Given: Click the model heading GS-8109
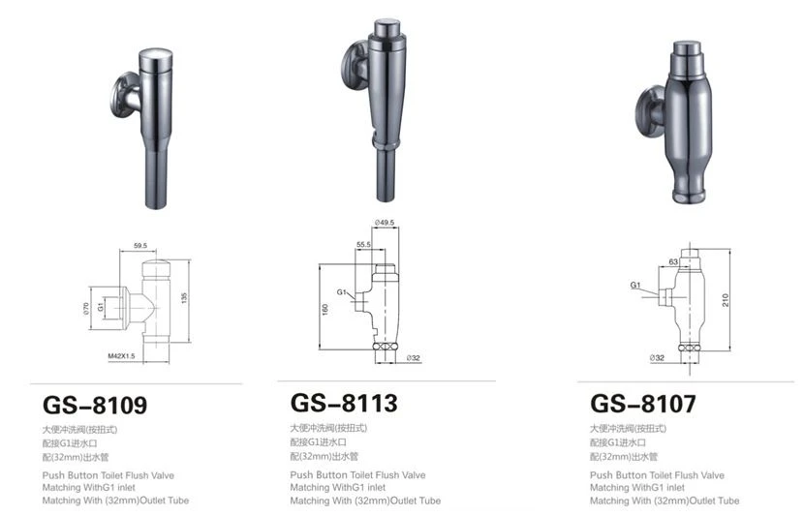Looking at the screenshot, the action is coord(95,405).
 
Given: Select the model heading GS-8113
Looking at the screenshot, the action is coord(344,403).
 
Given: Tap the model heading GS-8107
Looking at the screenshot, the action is coord(643,404).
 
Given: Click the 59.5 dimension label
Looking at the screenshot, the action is coord(140,246).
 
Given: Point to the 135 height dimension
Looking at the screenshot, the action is coord(184,298).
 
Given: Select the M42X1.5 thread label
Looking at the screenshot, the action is coord(121,356).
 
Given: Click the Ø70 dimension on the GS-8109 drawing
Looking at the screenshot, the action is coord(86,308).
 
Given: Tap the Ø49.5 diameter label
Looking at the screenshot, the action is coord(385,223).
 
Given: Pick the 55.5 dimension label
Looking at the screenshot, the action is coord(363,245).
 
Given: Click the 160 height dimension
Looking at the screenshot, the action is coord(325,310).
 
